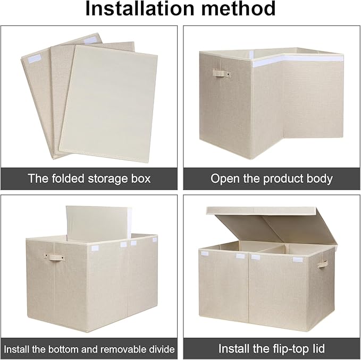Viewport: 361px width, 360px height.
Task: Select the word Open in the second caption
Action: tap(223, 178)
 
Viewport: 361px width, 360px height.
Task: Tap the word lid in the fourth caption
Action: tap(317, 349)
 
